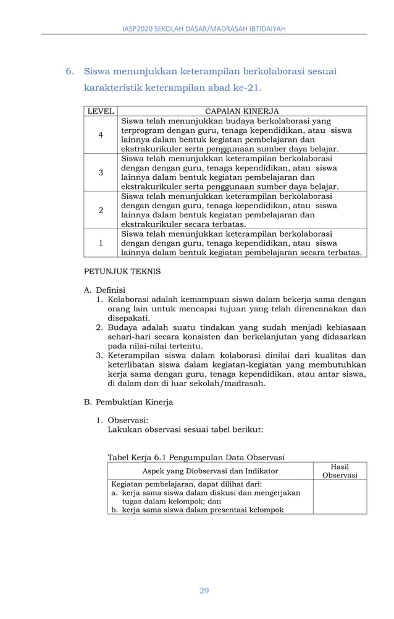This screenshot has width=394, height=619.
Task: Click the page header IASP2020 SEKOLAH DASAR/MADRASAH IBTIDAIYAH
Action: pos(204,28)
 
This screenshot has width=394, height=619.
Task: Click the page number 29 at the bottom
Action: pos(204,591)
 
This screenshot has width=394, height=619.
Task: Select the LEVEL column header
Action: pos(100,111)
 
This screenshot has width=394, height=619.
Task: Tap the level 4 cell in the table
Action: pos(100,135)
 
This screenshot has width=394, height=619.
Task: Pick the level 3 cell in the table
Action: pos(100,172)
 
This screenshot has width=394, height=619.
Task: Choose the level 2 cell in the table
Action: pos(100,210)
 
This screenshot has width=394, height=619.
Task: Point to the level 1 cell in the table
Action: pos(100,243)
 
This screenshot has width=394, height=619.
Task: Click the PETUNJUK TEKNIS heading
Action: pos(122,271)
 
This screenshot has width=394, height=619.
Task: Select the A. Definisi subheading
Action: pos(104,289)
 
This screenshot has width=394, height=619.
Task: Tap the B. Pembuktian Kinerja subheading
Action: pos(128,402)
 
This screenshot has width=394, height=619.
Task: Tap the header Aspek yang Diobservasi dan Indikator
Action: pos(210,471)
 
